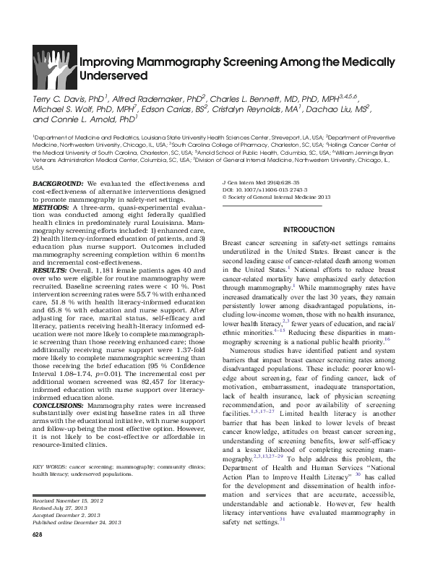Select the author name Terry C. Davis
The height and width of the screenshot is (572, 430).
pyautogui.click(x=56, y=98)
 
